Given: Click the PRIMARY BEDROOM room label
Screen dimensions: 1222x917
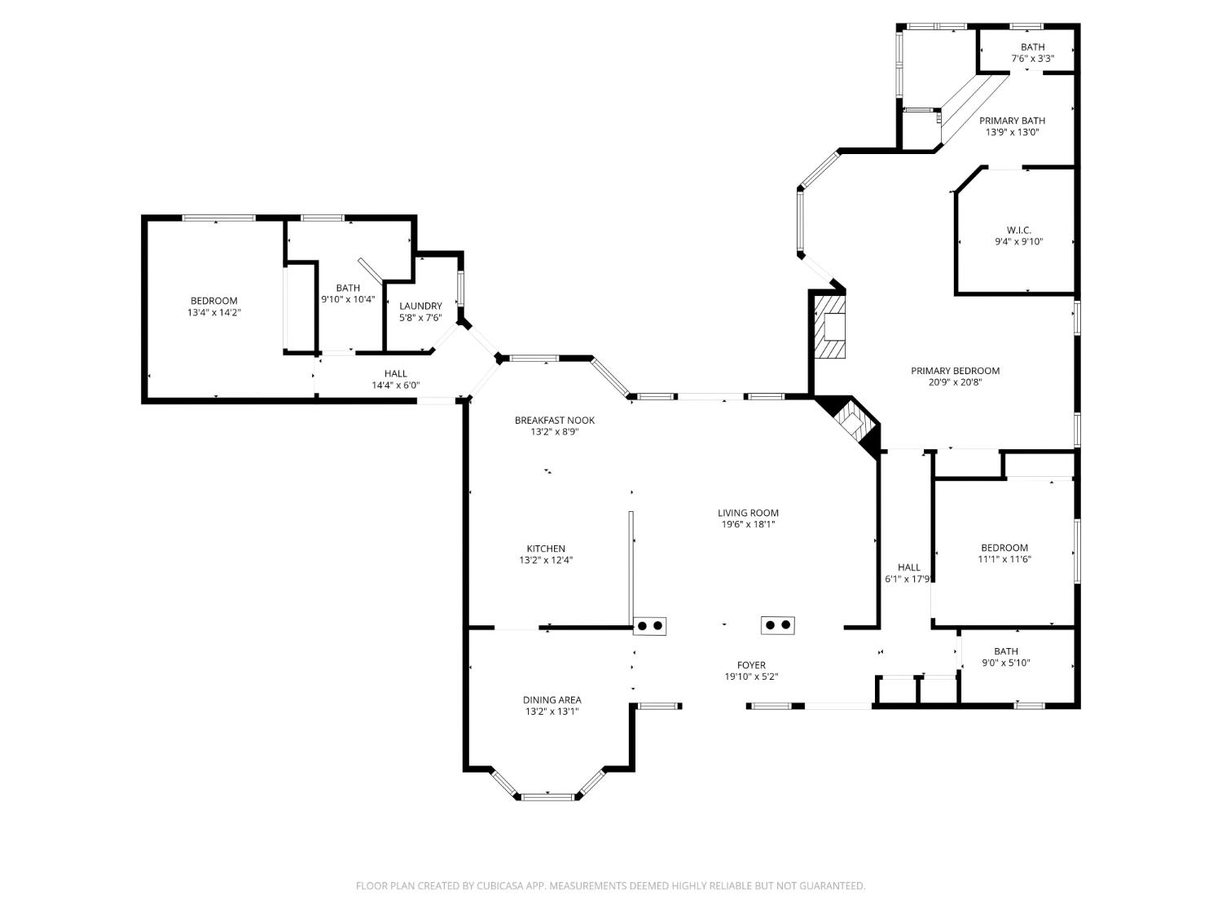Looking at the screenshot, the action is point(955,371).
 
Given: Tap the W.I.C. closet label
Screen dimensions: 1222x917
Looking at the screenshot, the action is point(1019,230).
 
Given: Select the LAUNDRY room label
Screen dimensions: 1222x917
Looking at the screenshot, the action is point(420,306).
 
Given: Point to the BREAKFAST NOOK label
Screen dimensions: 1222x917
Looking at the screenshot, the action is point(555,421).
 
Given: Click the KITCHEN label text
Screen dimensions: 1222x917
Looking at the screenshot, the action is point(546,549).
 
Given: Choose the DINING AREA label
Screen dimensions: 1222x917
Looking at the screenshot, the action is point(552,700).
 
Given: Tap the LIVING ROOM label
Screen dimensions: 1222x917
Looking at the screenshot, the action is point(748,513).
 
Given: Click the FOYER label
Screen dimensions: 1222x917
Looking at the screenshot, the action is point(751,665).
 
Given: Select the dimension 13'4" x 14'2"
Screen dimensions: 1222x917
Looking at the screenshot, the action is point(213,312).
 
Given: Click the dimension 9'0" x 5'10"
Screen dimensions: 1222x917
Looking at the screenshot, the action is point(1006,663).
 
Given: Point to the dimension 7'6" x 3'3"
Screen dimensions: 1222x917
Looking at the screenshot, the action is point(1033,59).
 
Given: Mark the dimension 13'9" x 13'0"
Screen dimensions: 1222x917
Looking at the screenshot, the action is point(1012,132).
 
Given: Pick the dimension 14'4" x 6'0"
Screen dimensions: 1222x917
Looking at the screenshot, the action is point(395,385).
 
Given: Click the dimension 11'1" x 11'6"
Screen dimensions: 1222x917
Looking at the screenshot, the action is point(1004,559).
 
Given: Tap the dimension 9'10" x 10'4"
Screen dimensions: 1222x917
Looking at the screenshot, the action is point(348,299).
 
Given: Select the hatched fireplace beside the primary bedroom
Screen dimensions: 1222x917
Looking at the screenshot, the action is point(829,326).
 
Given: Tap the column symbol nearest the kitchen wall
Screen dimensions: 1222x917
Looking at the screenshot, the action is point(649,626).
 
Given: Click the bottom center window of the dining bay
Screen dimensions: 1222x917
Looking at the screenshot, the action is point(547,796).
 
